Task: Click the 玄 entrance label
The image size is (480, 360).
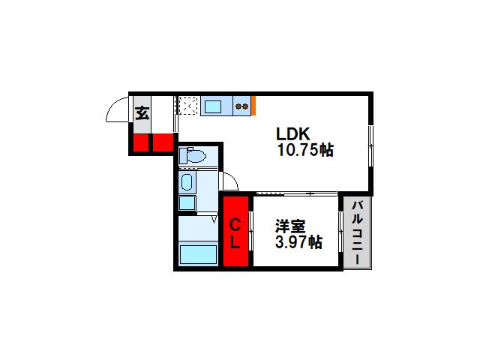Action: (142, 113)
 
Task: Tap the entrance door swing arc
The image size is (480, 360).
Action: (112, 105)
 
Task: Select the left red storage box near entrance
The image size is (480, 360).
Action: (141, 142)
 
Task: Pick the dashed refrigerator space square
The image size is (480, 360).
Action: (188, 106)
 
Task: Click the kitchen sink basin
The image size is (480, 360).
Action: (213, 106)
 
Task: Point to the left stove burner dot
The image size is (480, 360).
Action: (238, 106)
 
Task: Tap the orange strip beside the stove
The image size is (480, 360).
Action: (253, 106)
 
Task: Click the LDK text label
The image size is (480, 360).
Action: (293, 133)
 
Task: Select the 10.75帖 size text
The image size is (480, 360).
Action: (305, 150)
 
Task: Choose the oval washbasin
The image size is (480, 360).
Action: (187, 182)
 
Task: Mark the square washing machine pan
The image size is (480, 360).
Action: (187, 202)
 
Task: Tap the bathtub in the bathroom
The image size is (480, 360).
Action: (198, 254)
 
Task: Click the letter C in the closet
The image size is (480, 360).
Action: (235, 226)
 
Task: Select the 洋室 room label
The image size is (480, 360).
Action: (290, 226)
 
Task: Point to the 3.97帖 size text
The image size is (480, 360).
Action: (298, 242)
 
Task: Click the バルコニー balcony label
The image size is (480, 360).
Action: (357, 232)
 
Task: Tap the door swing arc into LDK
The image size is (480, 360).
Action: (232, 179)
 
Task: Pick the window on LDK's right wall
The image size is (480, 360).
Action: (370, 146)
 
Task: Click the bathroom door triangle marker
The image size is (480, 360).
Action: (214, 219)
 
